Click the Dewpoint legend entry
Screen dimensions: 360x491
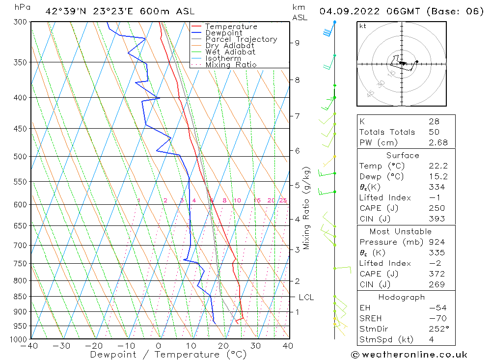pyautogui.click(x=223, y=33)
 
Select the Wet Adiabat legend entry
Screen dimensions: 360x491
pyautogui.click(x=230, y=52)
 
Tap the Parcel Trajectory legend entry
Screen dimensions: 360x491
pyautogui.click(x=241, y=39)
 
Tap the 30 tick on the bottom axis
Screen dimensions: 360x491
pyautogui.click(x=255, y=346)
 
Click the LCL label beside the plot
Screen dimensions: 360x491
pyautogui.click(x=306, y=297)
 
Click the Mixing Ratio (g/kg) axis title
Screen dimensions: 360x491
pyautogui.click(x=306, y=208)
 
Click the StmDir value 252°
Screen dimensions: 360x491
pyautogui.click(x=436, y=329)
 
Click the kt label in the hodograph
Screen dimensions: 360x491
pyautogui.click(x=363, y=26)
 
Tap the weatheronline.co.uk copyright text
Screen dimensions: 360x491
pyautogui.click(x=409, y=354)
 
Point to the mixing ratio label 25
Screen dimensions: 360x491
pyautogui.click(x=283, y=200)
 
